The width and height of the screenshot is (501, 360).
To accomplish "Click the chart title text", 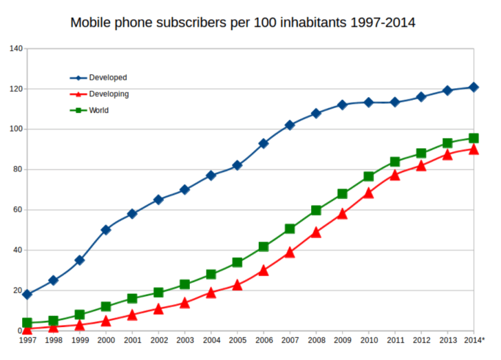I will pos(243,23).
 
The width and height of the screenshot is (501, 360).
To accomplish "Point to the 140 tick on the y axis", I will pos(16,49).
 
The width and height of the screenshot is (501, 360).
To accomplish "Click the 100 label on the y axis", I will pos(16,129).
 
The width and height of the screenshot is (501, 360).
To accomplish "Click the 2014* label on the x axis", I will pos(473,340).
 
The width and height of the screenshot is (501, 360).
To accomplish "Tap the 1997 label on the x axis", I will pos(28,340).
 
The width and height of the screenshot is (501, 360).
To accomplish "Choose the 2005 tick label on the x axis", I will pos(237,340).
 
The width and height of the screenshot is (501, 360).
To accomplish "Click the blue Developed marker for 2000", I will pos(106,230).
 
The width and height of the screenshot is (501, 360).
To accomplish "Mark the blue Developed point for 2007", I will pos(290,125).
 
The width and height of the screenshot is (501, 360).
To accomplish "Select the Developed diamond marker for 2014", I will pos(473,87).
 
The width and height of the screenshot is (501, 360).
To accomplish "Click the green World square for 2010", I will pos(369,176).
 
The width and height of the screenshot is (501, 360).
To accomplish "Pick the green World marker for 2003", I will pos(184,284).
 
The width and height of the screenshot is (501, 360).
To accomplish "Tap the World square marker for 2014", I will pos(473,138).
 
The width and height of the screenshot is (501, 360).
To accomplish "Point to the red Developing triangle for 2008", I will pos(316,232).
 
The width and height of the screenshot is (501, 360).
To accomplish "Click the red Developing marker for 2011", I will pos(395,175).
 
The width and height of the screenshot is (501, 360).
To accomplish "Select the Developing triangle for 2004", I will pos(211,293).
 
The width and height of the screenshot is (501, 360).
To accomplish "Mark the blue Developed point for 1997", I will pos(27,295).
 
